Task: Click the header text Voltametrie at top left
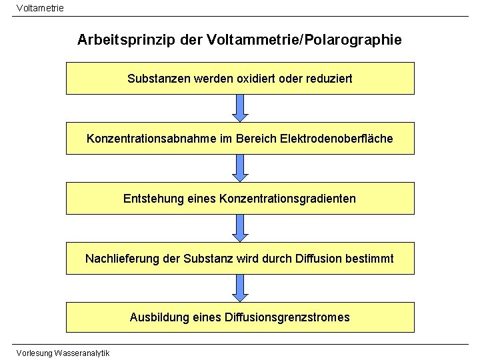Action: pyautogui.click(x=39, y=7)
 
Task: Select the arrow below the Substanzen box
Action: pyautogui.click(x=240, y=107)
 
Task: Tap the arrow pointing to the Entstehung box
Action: pyautogui.click(x=240, y=167)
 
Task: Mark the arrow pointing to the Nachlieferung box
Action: pyautogui.click(x=240, y=227)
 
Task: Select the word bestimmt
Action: pyautogui.click(x=370, y=259)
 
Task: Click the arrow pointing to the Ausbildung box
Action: pyautogui.click(x=240, y=287)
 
